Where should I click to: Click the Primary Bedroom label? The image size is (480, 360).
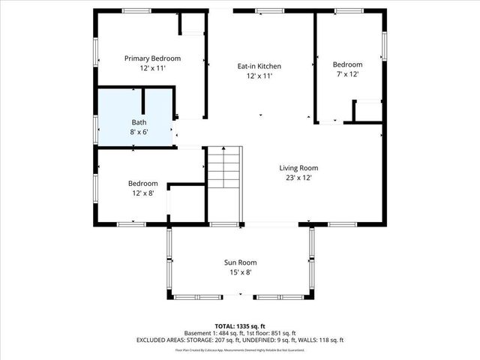(152, 58)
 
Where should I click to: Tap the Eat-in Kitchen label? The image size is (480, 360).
(259, 66)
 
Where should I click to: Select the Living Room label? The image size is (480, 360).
(299, 168)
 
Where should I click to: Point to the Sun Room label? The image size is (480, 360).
(240, 262)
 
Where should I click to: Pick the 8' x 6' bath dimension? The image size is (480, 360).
(139, 132)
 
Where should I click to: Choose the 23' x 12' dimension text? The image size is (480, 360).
(299, 178)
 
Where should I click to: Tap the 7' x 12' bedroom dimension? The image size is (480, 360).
(347, 74)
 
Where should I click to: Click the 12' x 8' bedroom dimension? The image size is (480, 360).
(142, 193)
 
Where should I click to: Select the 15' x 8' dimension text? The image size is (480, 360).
(240, 272)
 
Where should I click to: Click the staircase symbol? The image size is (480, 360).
(226, 168)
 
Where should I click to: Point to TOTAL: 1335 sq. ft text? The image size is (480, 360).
(240, 326)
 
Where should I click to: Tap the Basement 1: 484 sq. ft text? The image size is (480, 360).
(213, 333)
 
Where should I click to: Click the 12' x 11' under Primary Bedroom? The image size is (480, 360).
(152, 68)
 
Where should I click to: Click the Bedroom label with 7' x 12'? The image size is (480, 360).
(347, 64)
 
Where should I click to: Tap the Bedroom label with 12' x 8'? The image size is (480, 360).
(142, 183)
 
